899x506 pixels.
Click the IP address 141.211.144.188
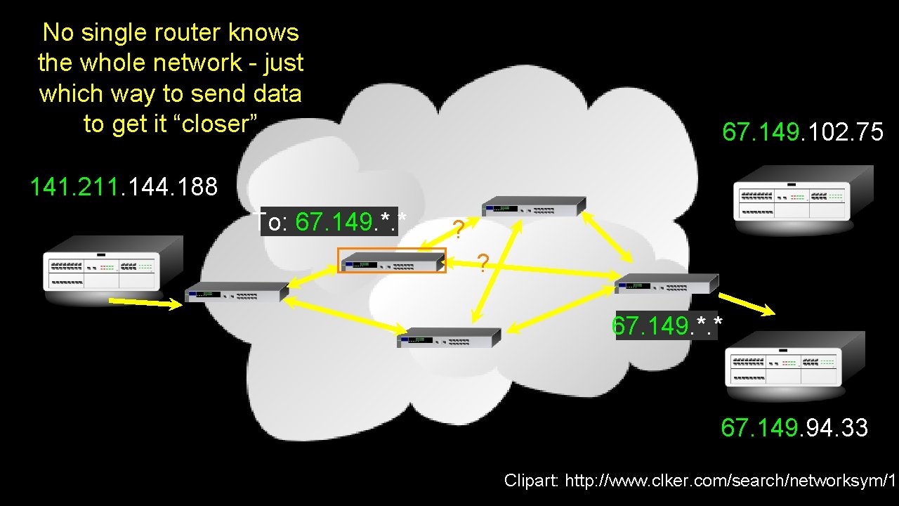pos(124,187)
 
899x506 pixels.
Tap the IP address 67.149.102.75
pos(803,132)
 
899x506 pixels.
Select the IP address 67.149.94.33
pos(794,427)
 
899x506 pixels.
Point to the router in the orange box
pos(392,261)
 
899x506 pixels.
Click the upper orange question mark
pos(457,229)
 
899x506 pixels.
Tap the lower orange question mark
pos(483,262)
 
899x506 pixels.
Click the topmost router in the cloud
pos(533,206)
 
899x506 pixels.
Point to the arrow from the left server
pos(145,303)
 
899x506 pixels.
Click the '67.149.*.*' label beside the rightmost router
pos(667,326)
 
